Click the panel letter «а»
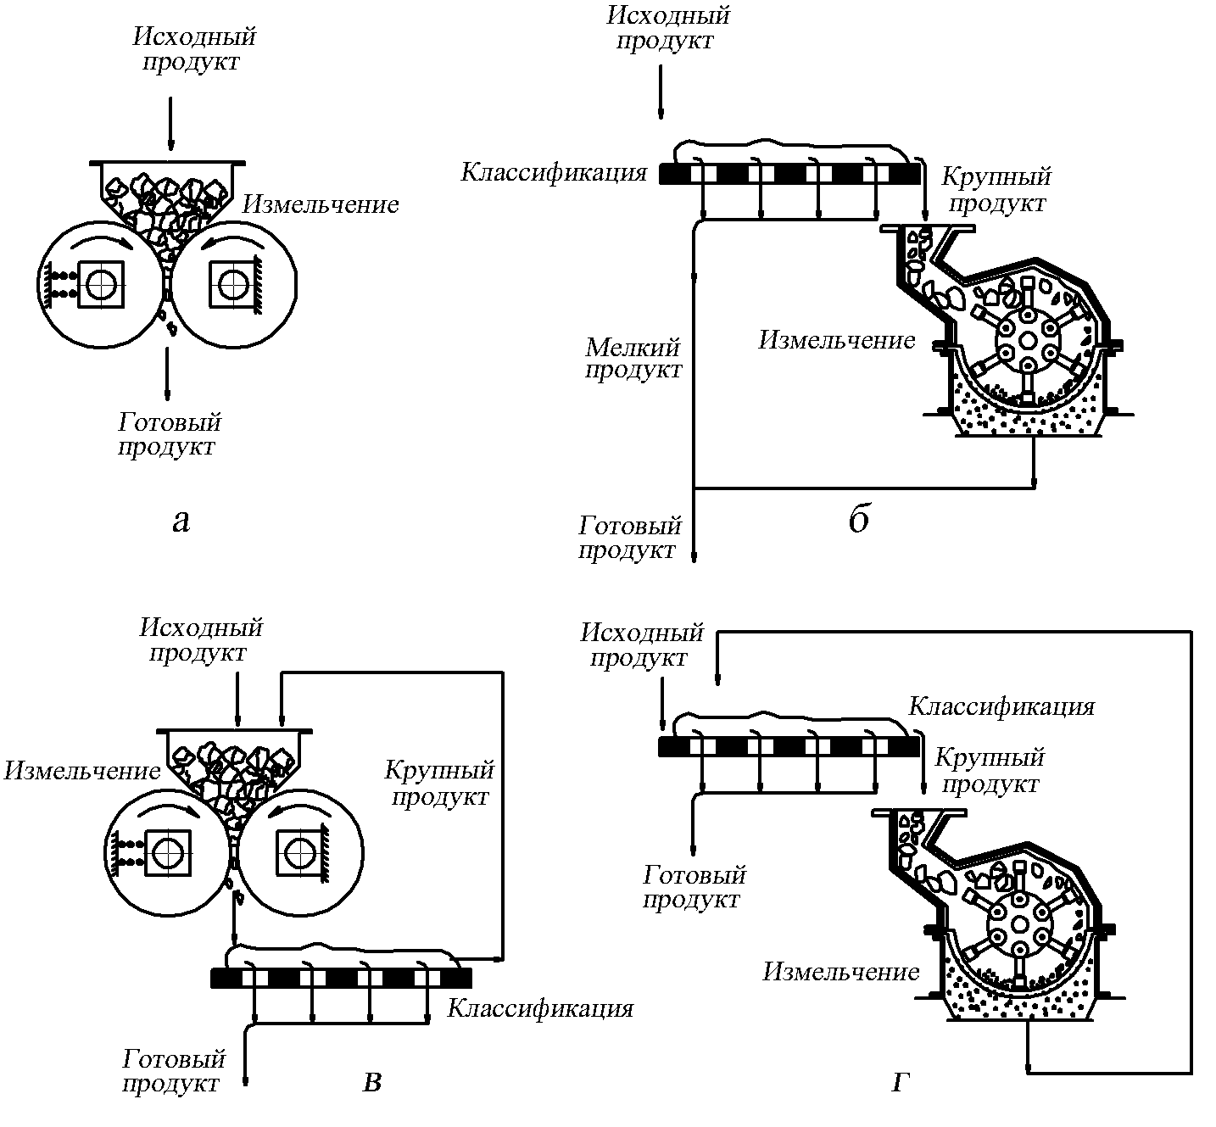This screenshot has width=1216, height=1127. pos(181,522)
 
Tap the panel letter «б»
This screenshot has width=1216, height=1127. pos(859,518)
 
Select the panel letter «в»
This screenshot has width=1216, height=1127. pos(372,1083)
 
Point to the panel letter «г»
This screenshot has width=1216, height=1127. pos(900,1083)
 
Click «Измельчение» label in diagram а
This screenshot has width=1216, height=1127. pos(321,204)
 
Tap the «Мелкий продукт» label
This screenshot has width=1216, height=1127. pos(633,359)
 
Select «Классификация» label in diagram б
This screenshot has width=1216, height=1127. pos(554,172)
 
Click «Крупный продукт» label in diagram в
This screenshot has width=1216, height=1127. pos(439,784)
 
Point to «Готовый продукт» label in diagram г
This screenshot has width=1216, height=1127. pos(694,888)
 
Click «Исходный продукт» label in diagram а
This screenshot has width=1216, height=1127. pos(193,49)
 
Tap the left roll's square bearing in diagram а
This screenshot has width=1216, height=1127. pos(101,284)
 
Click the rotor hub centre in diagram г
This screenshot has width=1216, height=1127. pos(1019,923)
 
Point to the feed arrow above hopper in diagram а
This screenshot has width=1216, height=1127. pos(170,123)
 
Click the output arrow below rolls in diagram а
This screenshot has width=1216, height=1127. pos(167,374)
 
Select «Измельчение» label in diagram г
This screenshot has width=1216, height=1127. pos(840,972)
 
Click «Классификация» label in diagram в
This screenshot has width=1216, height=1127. pos(540,1008)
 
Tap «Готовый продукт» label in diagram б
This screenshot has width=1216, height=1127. pos(629,538)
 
